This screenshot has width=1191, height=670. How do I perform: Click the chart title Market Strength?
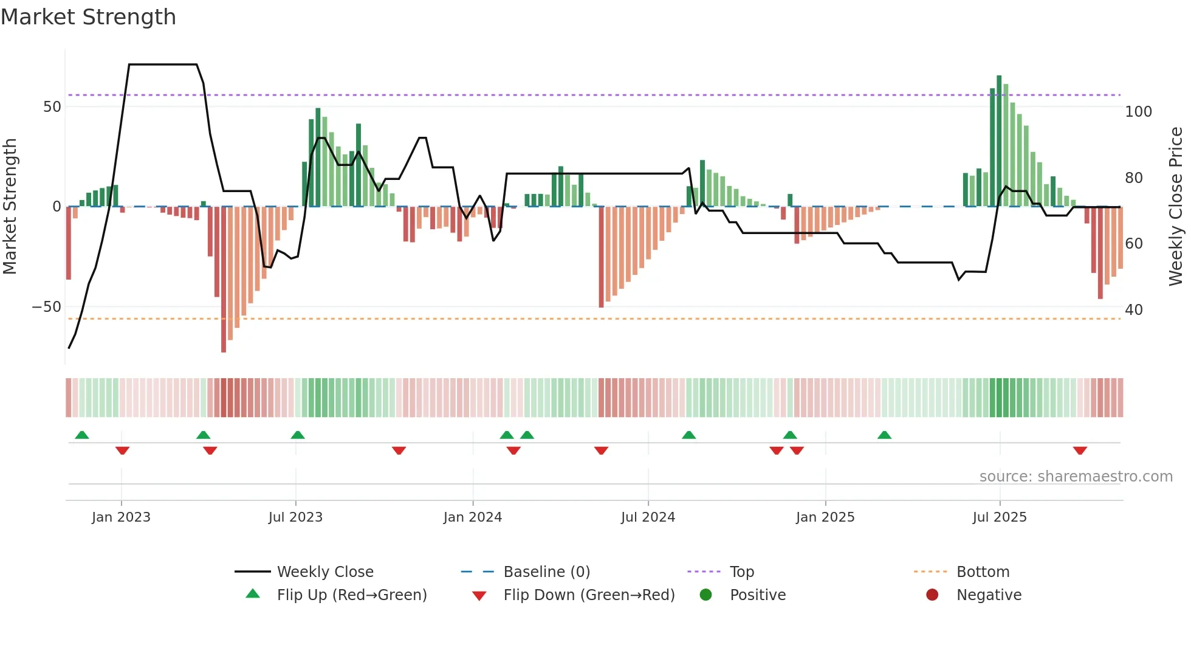click(88, 17)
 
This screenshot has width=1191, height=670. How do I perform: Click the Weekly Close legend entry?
click(324, 572)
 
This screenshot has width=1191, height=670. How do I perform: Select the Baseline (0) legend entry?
click(546, 572)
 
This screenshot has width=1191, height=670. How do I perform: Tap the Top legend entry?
click(741, 572)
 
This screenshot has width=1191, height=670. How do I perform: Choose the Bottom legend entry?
click(983, 572)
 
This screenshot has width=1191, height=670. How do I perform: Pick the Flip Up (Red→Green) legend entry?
click(351, 595)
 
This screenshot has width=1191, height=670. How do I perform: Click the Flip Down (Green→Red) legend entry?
click(588, 595)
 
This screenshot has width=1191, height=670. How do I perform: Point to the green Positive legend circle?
click(705, 595)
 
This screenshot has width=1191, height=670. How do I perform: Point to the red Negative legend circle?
click(932, 595)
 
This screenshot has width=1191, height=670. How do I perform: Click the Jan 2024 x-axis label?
click(473, 517)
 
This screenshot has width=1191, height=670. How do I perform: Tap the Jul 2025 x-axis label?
click(1000, 517)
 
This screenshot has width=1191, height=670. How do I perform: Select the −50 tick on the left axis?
click(47, 306)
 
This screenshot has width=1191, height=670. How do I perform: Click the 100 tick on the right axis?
click(1138, 111)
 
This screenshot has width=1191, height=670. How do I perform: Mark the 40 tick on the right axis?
click(1134, 309)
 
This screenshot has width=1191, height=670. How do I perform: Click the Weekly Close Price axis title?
click(1176, 207)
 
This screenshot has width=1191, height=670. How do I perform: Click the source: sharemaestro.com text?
click(1076, 476)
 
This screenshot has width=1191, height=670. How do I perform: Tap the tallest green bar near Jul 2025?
click(999, 140)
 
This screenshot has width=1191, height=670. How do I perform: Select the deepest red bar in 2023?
click(224, 280)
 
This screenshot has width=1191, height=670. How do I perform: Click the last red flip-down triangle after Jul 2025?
click(1080, 451)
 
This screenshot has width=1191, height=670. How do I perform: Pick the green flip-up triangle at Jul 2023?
click(298, 435)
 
